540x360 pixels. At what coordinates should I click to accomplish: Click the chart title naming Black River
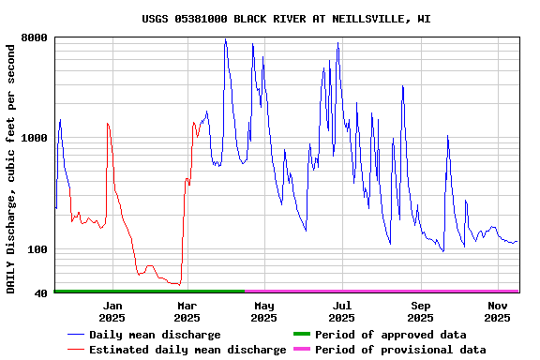click(x=286, y=19)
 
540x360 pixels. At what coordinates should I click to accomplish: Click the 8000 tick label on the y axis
click(x=35, y=38)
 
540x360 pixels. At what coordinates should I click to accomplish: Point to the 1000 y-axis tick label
click(x=35, y=139)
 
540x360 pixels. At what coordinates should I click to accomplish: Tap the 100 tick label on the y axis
click(x=37, y=249)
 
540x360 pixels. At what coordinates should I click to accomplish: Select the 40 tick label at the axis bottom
click(x=41, y=293)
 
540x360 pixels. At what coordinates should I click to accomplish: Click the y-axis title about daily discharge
click(x=11, y=167)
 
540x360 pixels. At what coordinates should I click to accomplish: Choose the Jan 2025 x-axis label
click(x=112, y=311)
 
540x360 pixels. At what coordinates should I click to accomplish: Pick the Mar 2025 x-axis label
click(x=187, y=311)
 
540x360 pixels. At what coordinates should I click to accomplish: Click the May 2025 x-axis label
click(x=264, y=311)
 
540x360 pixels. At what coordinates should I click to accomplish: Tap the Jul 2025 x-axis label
click(x=342, y=311)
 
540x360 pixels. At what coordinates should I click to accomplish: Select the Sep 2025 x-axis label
click(x=421, y=311)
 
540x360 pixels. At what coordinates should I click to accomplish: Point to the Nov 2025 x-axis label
click(x=498, y=311)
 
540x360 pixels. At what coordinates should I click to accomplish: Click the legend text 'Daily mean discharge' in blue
click(x=155, y=335)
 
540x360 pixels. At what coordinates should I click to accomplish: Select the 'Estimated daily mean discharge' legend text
click(x=187, y=350)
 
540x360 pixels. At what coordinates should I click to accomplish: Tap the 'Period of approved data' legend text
click(x=390, y=335)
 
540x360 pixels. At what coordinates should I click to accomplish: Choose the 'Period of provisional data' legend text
click(x=400, y=350)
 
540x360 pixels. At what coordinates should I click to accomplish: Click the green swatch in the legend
click(x=301, y=335)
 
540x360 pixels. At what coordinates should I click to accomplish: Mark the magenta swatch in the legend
click(x=301, y=350)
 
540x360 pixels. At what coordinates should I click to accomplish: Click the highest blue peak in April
click(x=225, y=39)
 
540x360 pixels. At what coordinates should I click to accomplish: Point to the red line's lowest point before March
click(x=177, y=283)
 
